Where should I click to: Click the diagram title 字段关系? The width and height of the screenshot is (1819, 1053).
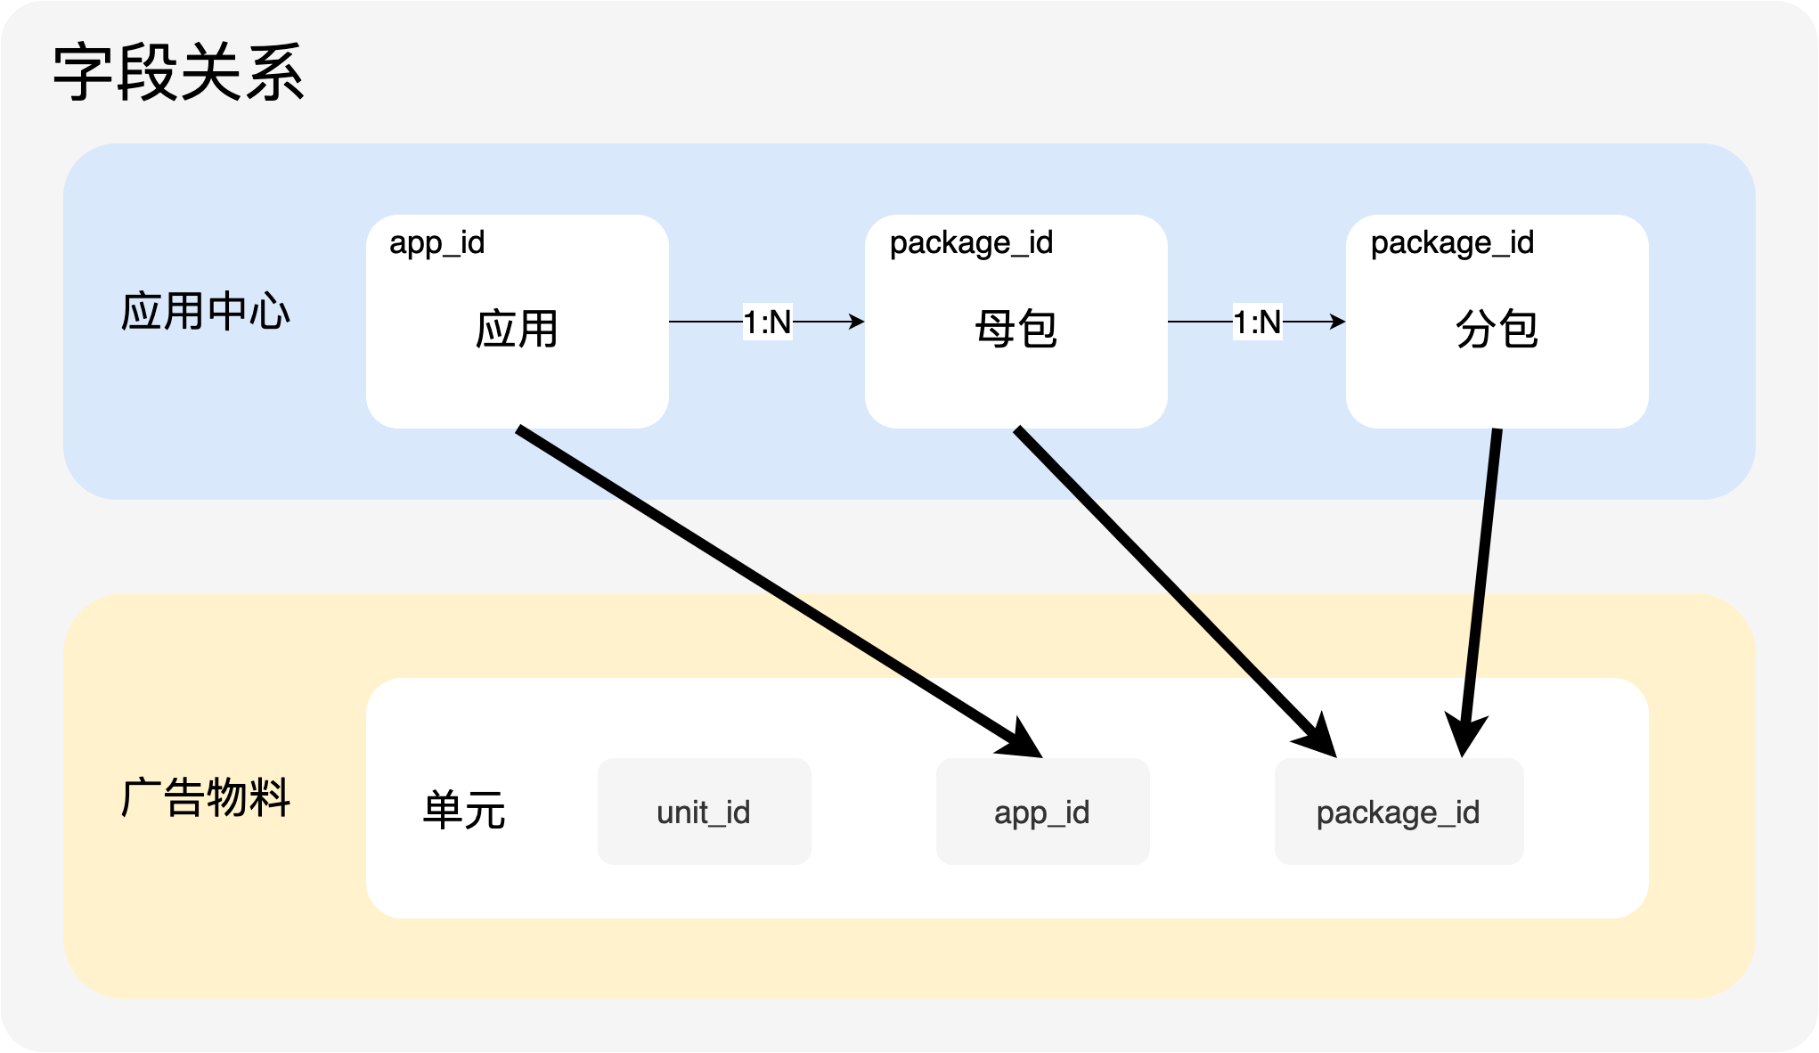pyautogui.click(x=179, y=72)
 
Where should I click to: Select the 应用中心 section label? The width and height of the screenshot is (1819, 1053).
pyautogui.click(x=206, y=312)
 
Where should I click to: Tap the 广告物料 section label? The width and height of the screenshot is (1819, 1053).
pyautogui.click(x=206, y=797)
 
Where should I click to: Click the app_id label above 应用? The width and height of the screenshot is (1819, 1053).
pyautogui.click(x=436, y=243)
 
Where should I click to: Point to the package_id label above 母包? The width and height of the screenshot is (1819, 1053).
pyautogui.click(x=971, y=243)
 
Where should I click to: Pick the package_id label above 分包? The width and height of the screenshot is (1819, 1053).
pyautogui.click(x=1452, y=243)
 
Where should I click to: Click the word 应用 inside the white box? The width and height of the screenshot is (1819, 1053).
pyautogui.click(x=517, y=329)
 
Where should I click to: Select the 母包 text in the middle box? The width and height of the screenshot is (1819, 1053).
pyautogui.click(x=1016, y=329)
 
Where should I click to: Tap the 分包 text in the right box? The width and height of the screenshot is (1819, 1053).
pyautogui.click(x=1497, y=329)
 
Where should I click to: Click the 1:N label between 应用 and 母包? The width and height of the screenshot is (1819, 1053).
pyautogui.click(x=767, y=322)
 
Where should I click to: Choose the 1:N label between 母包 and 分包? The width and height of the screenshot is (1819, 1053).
pyautogui.click(x=1257, y=322)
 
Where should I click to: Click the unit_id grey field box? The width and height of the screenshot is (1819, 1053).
pyautogui.click(x=705, y=812)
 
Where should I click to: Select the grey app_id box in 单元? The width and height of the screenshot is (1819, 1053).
pyautogui.click(x=1043, y=812)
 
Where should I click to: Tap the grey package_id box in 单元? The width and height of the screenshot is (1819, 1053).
pyautogui.click(x=1399, y=812)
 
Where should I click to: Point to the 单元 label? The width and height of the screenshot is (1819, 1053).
pyautogui.click(x=464, y=811)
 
